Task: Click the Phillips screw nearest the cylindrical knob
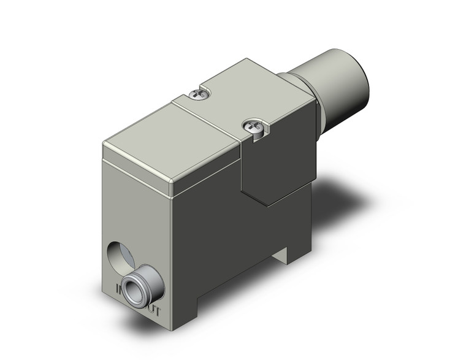(x=197, y=94)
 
